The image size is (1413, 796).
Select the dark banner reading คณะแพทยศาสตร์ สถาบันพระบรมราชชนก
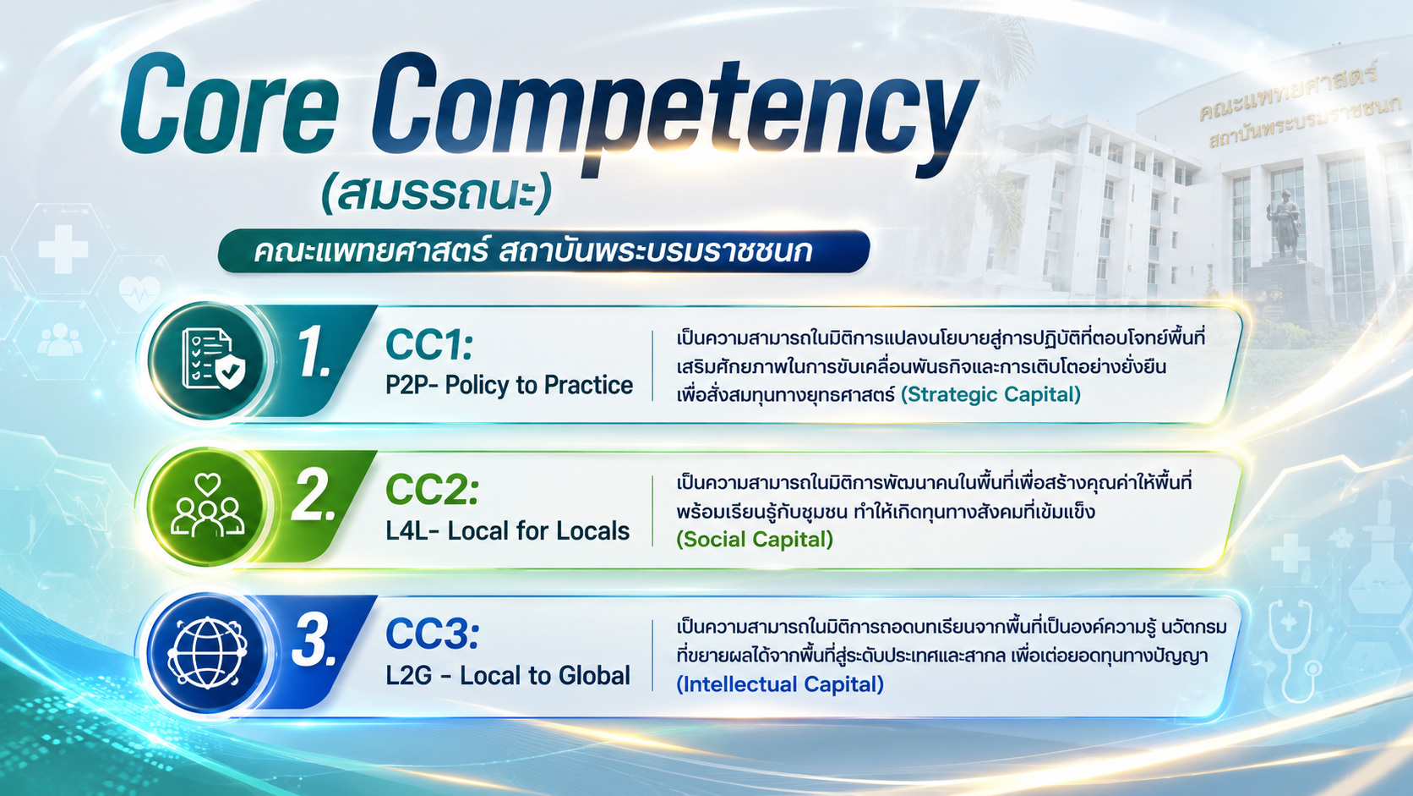tap(543, 251)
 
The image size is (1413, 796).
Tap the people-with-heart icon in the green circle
tap(208, 505)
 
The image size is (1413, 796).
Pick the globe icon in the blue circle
tap(207, 653)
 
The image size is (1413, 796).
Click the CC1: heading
tap(429, 345)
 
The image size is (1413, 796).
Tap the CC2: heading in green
tap(432, 490)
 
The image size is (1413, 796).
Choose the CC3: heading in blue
tap(432, 634)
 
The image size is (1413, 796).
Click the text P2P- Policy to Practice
tap(509, 385)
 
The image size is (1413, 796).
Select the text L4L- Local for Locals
tap(507, 531)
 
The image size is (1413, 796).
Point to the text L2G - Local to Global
tap(508, 675)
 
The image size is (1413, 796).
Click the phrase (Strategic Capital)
tap(990, 394)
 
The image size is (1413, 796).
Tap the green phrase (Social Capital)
tap(755, 539)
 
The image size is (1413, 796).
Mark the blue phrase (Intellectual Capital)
tap(780, 684)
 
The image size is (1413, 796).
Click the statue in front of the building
tap(1285, 223)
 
